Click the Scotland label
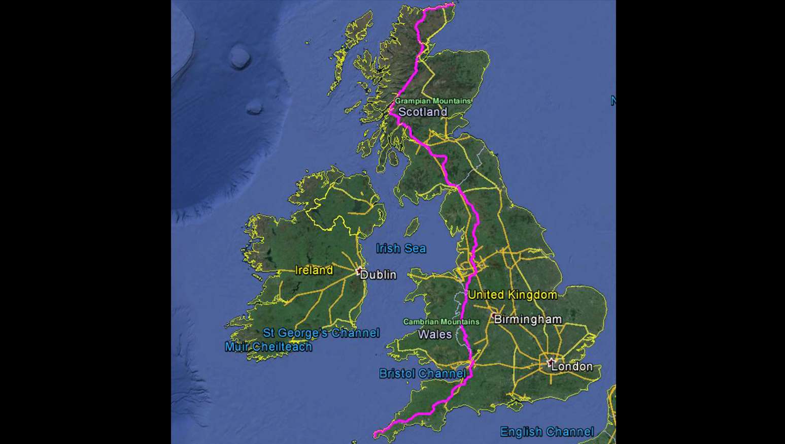click(x=423, y=112)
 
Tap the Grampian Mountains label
click(x=433, y=101)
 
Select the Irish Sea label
click(x=401, y=248)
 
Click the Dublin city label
click(x=378, y=275)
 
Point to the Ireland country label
click(x=314, y=270)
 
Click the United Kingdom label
click(x=513, y=295)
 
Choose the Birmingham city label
click(x=528, y=320)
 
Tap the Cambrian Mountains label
click(x=441, y=322)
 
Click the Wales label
click(x=435, y=334)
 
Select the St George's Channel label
click(x=321, y=333)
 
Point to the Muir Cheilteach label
click(x=268, y=346)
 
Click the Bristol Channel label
click(x=422, y=373)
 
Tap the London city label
click(x=572, y=366)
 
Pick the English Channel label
click(x=547, y=432)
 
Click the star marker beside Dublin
click(x=359, y=271)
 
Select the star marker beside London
click(x=552, y=362)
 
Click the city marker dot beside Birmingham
click(x=492, y=315)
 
